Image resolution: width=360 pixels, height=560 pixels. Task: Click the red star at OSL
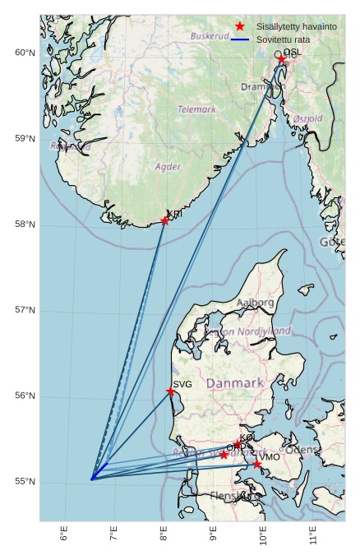(x=282, y=59)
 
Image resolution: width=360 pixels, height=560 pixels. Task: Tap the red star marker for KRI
(x=165, y=220)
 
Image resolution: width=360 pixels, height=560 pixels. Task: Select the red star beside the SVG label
(x=171, y=391)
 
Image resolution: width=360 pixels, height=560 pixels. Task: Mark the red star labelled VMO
(x=257, y=464)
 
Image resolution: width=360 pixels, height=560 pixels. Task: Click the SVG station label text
(x=182, y=384)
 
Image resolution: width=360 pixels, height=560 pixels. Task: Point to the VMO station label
(x=270, y=457)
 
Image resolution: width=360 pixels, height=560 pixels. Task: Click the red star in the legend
(x=240, y=26)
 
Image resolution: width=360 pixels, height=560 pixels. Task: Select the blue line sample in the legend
(x=240, y=39)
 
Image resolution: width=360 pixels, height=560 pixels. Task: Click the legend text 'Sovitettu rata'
(x=283, y=39)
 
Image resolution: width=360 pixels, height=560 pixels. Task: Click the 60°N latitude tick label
(x=25, y=53)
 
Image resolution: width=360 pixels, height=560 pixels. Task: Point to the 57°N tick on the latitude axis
(x=25, y=310)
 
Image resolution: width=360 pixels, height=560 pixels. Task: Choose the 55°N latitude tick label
(x=25, y=482)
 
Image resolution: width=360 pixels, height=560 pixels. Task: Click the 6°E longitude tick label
(x=64, y=535)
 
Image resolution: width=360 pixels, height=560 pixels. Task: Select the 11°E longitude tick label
(x=313, y=535)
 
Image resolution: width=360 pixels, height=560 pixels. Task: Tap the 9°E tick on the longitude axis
(x=214, y=535)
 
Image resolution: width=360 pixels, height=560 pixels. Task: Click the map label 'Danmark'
(x=234, y=383)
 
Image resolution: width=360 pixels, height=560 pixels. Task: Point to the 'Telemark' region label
(x=196, y=109)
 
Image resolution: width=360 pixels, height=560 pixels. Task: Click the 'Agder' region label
(x=168, y=167)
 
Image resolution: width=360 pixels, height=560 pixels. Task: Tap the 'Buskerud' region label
(x=210, y=36)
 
